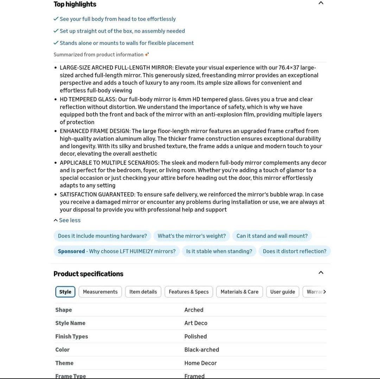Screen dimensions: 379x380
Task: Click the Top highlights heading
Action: point(75,4)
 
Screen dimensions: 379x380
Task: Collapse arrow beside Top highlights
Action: point(321,3)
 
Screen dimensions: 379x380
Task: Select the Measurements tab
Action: point(100,292)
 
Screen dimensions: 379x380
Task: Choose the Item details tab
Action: point(143,292)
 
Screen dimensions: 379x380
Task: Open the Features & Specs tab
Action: point(189,292)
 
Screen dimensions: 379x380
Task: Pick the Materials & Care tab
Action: point(239,292)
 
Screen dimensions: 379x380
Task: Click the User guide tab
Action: point(283,292)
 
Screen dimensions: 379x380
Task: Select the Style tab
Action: point(65,292)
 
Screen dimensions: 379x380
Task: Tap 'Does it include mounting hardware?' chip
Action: point(102,236)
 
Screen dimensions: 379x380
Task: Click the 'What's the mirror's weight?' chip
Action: point(192,236)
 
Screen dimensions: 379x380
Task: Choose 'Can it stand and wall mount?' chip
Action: point(272,236)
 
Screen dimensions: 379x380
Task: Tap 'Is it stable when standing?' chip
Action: point(219,251)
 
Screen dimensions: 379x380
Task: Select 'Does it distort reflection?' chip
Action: point(294,251)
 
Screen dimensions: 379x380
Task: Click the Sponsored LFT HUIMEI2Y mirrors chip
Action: point(116,251)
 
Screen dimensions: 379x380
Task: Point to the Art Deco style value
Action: point(196,323)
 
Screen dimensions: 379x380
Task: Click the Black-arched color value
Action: point(202,349)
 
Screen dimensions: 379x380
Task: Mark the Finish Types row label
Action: point(71,336)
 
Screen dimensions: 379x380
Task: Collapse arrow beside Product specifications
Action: point(321,273)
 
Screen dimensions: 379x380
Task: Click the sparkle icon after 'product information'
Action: point(147,54)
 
